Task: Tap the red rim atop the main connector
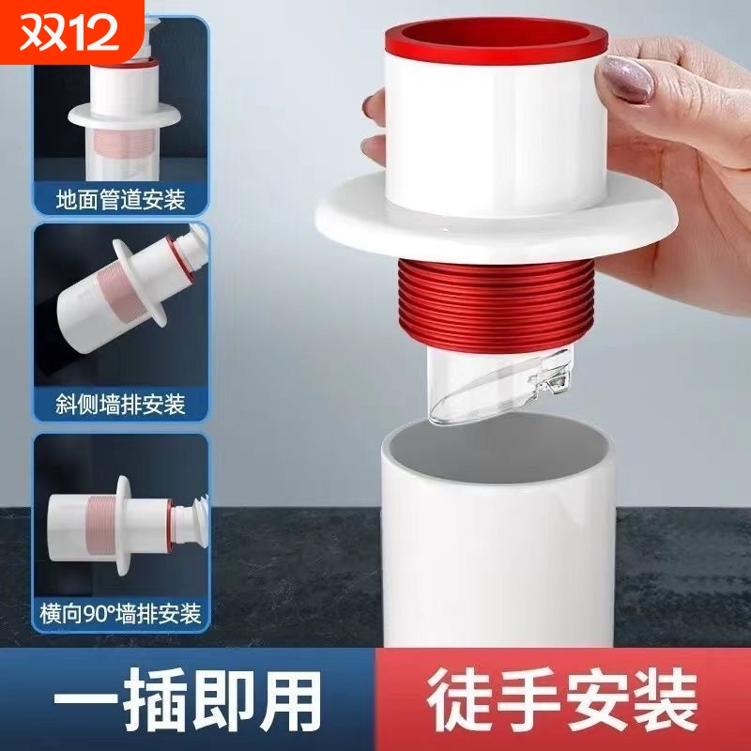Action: (x=497, y=41)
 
